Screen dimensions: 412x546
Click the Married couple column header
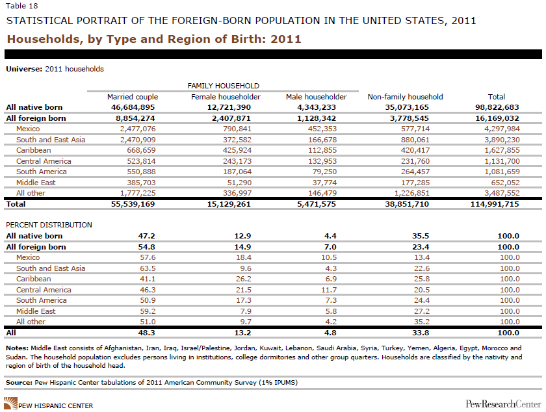(133, 97)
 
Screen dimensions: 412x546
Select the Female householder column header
(226, 97)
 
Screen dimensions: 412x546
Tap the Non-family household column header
(405, 97)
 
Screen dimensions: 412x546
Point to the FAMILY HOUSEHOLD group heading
(223, 86)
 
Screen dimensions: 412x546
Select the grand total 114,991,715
(495, 204)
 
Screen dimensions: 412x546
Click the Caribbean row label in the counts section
(33, 150)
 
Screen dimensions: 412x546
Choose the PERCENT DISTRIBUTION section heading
(49, 225)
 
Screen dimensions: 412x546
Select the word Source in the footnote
(20, 382)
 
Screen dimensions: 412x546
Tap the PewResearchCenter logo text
(502, 404)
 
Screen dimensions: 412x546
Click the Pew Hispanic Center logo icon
(12, 404)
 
